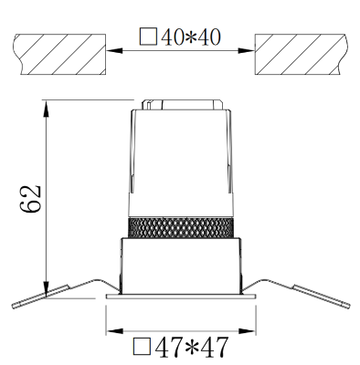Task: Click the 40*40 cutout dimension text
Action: coord(190,37)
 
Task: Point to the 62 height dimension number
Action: coord(30,198)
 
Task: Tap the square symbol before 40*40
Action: coord(149,36)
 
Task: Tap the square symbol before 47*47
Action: coord(142,347)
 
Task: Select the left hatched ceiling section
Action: coord(59,54)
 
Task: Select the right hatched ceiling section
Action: coord(301,54)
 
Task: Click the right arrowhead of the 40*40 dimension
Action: coord(246,50)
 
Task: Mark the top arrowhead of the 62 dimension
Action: coord(46,109)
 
